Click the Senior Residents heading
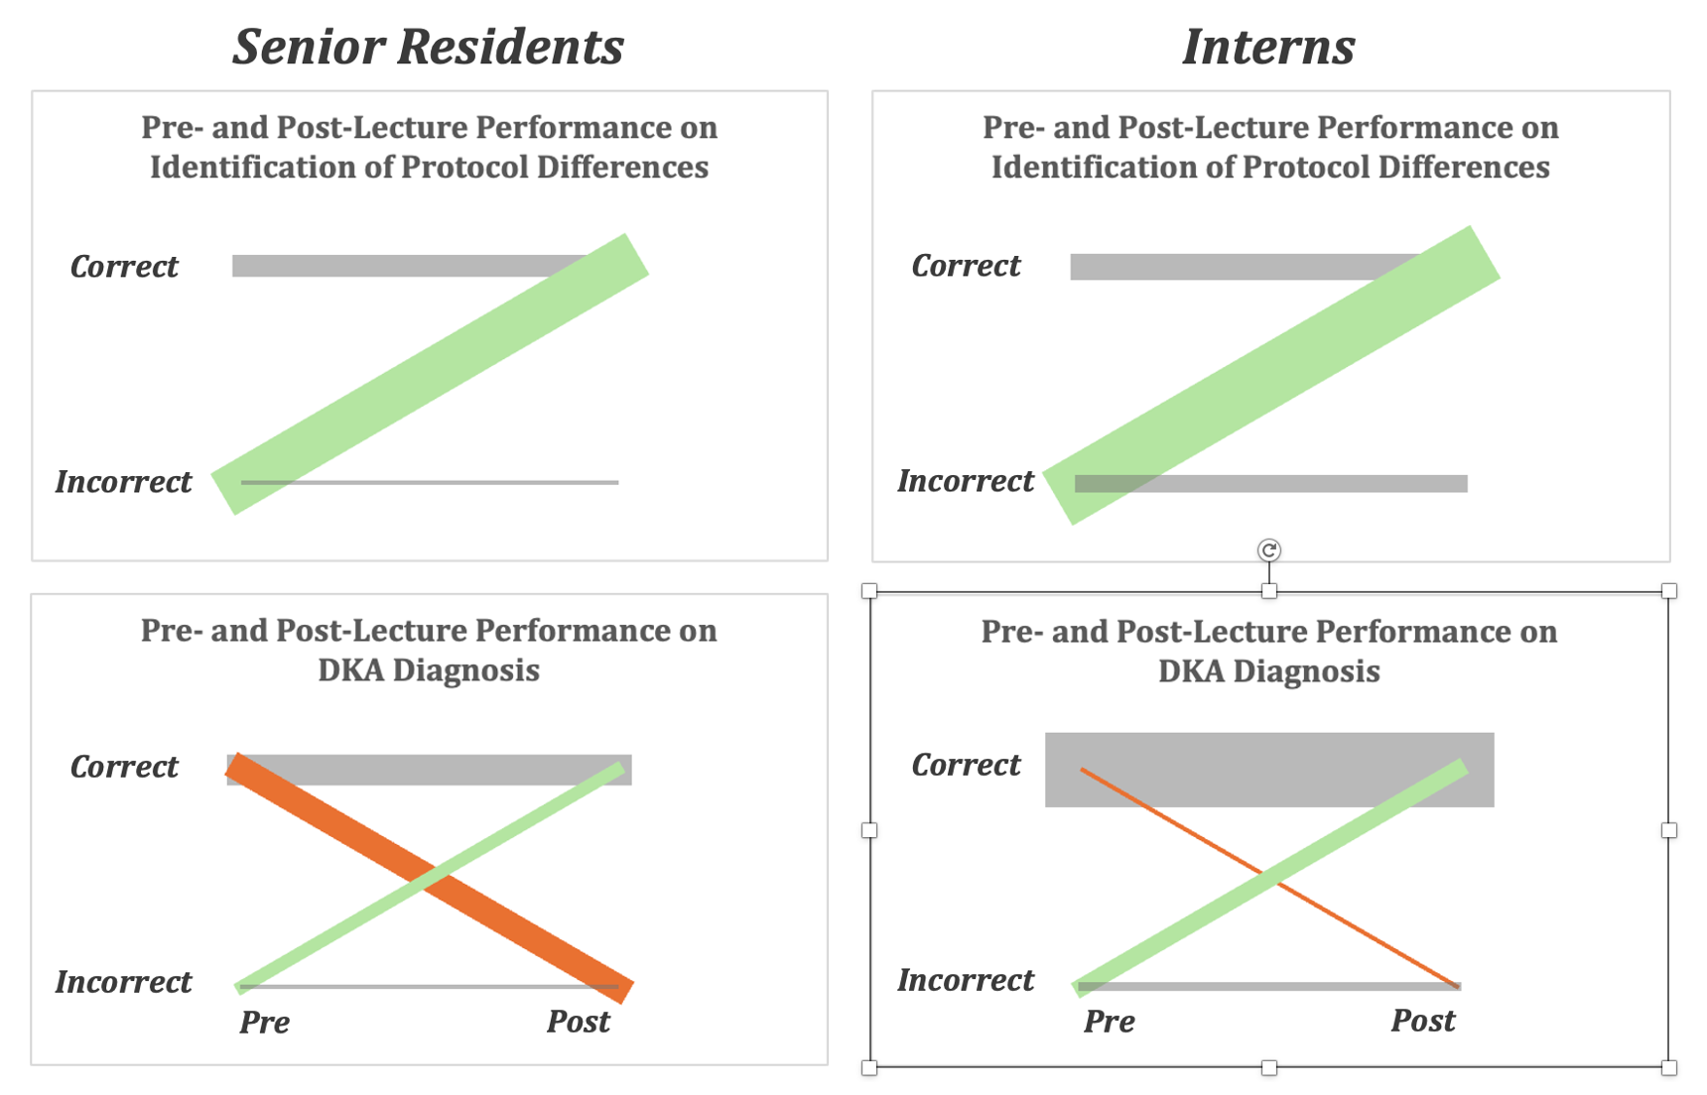pos(428,47)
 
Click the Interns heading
pos(1268,47)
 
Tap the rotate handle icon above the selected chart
pos(1268,549)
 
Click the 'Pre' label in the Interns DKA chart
pos(1109,1021)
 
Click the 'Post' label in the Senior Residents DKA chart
pos(579,1021)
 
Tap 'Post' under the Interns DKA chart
pos(1422,1021)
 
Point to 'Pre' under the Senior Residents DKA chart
pos(264,1022)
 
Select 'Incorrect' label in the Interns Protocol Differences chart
pos(965,481)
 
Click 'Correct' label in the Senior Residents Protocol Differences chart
pos(124,266)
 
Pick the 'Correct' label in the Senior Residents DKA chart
pos(124,766)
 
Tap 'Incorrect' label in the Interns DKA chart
pos(965,980)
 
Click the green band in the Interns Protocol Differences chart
pos(1271,375)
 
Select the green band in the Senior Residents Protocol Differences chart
pos(430,374)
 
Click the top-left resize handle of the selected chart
pos(869,591)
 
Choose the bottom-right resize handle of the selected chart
pos(1669,1067)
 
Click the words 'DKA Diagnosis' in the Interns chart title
pos(1268,671)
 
